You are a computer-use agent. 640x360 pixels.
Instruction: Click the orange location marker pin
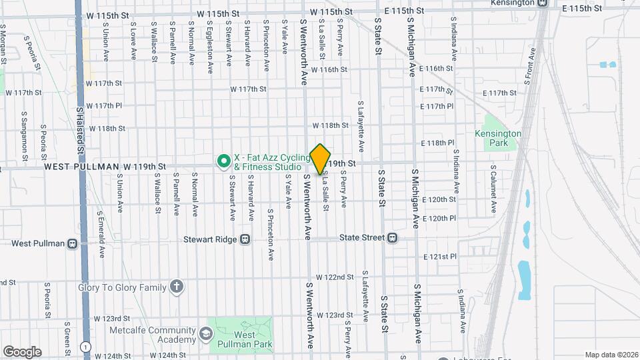(x=320, y=159)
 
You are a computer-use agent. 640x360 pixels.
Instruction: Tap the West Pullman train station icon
(x=72, y=243)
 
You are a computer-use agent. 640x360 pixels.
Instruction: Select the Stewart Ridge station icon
(x=245, y=238)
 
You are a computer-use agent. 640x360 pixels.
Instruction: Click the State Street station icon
(x=393, y=237)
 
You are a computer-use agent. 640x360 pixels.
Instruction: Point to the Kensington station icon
(x=543, y=3)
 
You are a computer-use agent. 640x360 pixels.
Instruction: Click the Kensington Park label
(x=498, y=138)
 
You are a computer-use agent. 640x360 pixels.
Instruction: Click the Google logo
(x=22, y=352)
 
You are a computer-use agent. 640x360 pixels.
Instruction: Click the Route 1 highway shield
(x=85, y=346)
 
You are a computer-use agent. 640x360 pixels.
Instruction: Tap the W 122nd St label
(x=335, y=277)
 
